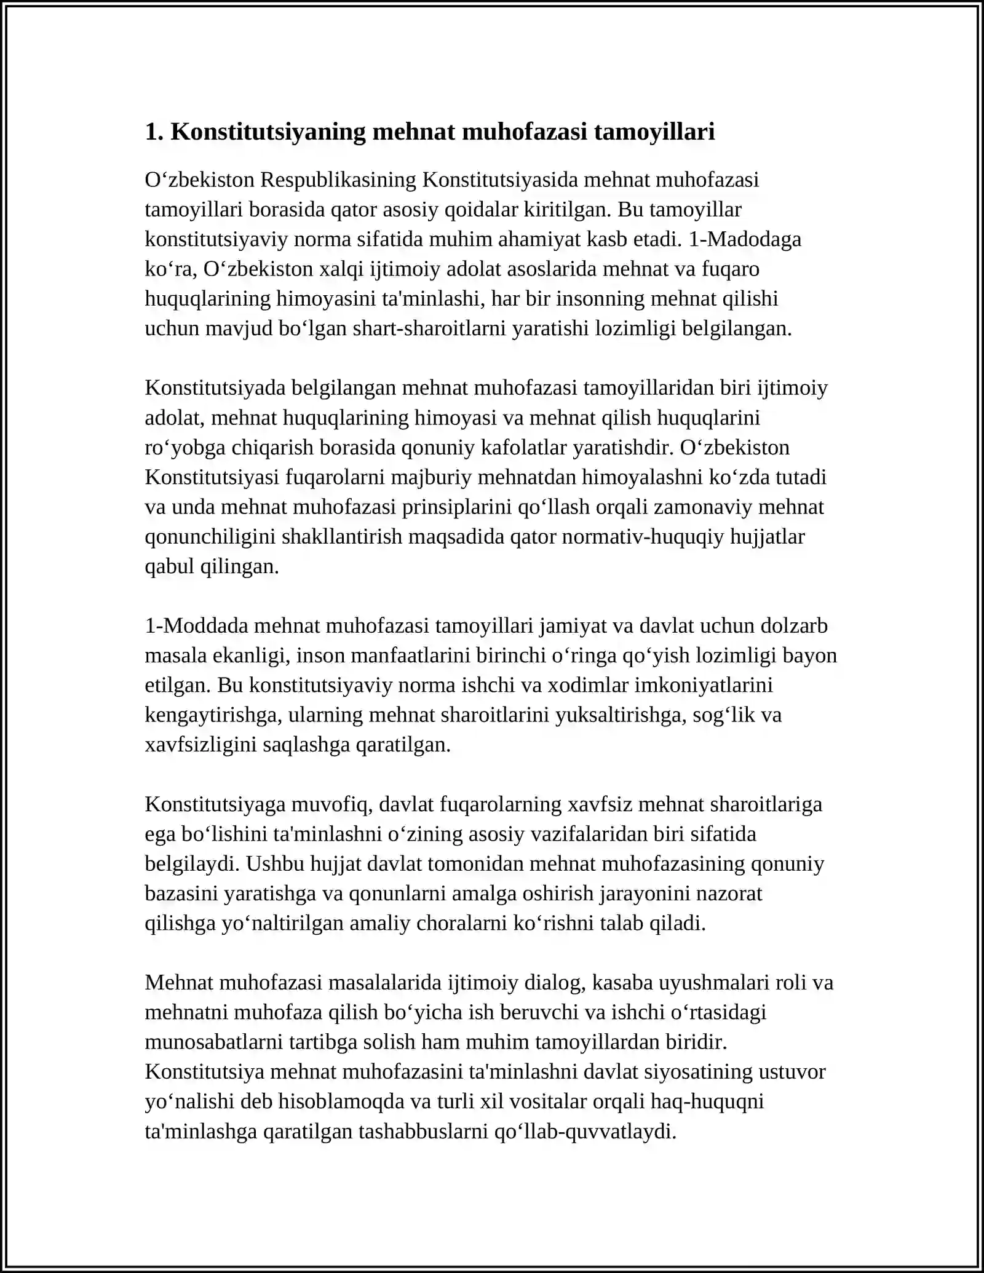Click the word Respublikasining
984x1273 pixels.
point(338,180)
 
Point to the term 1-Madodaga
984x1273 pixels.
point(745,239)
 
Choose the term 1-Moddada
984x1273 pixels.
point(196,626)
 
